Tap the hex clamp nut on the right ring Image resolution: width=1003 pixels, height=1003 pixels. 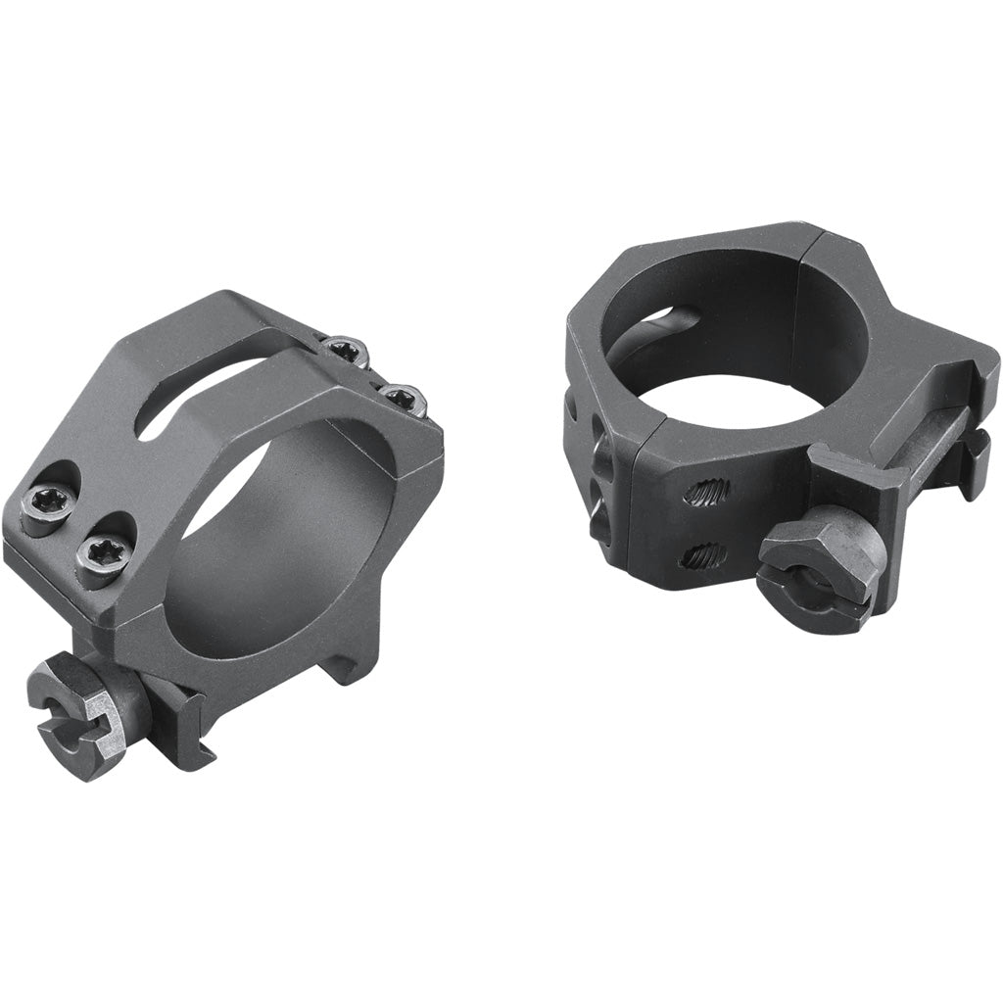[x=815, y=570]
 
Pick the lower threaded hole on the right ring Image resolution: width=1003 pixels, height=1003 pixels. [x=702, y=556]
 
